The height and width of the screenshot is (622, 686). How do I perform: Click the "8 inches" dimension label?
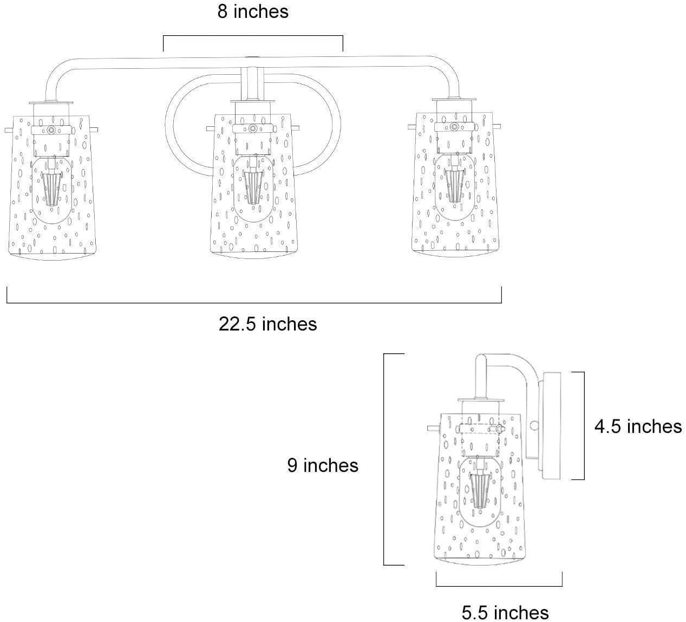click(253, 11)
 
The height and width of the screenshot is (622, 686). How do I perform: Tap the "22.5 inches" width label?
click(268, 324)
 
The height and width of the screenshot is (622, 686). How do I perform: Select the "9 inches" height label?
click(323, 465)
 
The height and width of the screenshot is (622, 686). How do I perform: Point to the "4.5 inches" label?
click(638, 426)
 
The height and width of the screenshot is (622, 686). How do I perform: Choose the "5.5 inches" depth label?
click(505, 613)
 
